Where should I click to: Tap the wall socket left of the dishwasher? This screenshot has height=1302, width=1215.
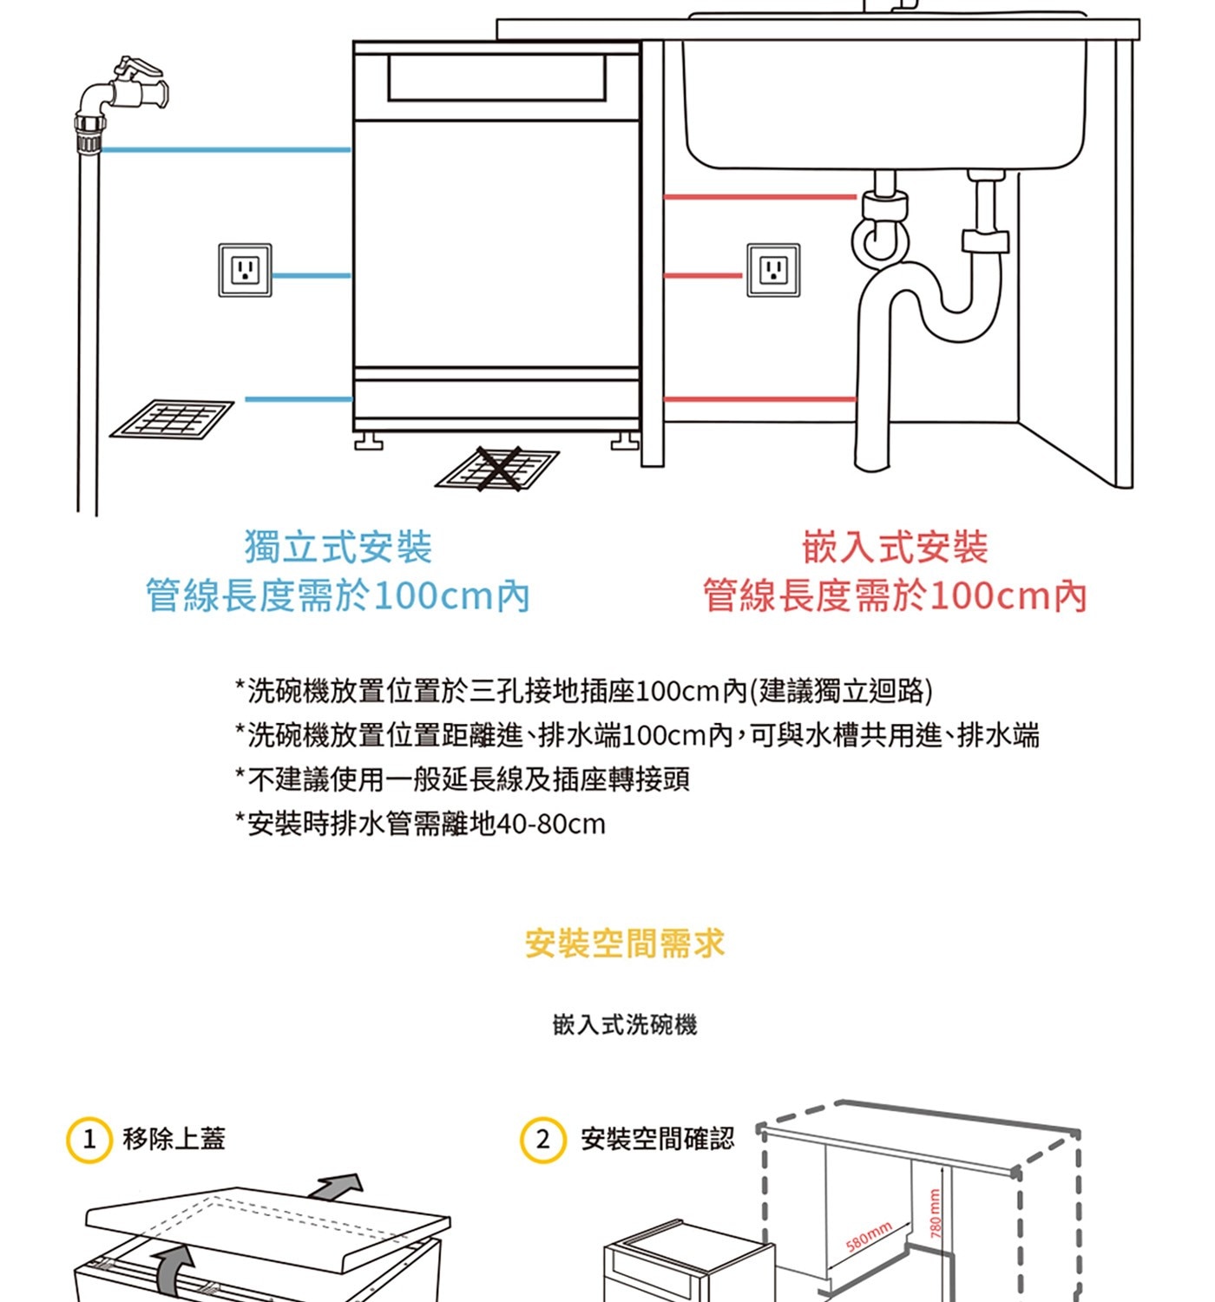pyautogui.click(x=245, y=271)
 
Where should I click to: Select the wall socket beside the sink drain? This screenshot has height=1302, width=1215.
pyautogui.click(x=773, y=271)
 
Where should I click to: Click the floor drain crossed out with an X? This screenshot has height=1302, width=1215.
pyautogui.click(x=498, y=470)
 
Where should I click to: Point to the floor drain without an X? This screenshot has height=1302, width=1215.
pyautogui.click(x=172, y=420)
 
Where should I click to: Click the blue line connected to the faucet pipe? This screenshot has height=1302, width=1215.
pyautogui.click(x=226, y=150)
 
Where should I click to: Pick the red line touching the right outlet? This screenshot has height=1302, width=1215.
pyautogui.click(x=703, y=276)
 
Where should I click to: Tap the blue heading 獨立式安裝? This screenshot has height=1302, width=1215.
pyautogui.click(x=338, y=548)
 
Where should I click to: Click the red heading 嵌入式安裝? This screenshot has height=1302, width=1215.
pyautogui.click(x=895, y=548)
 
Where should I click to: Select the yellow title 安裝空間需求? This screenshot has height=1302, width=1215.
pyautogui.click(x=625, y=944)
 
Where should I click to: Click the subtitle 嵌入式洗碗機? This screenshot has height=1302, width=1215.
pyautogui.click(x=625, y=1025)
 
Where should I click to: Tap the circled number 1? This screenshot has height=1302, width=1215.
pyautogui.click(x=89, y=1140)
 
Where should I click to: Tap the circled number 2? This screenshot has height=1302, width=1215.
pyautogui.click(x=542, y=1140)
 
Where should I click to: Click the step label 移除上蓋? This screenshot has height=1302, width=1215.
pyautogui.click(x=174, y=1139)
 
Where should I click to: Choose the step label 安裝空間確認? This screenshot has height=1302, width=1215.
pyautogui.click(x=657, y=1139)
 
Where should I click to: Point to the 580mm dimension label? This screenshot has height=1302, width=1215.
pyautogui.click(x=869, y=1236)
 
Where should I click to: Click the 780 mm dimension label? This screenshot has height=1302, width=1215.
pyautogui.click(x=936, y=1213)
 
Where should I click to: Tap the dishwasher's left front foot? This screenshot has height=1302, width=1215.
pyautogui.click(x=368, y=444)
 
